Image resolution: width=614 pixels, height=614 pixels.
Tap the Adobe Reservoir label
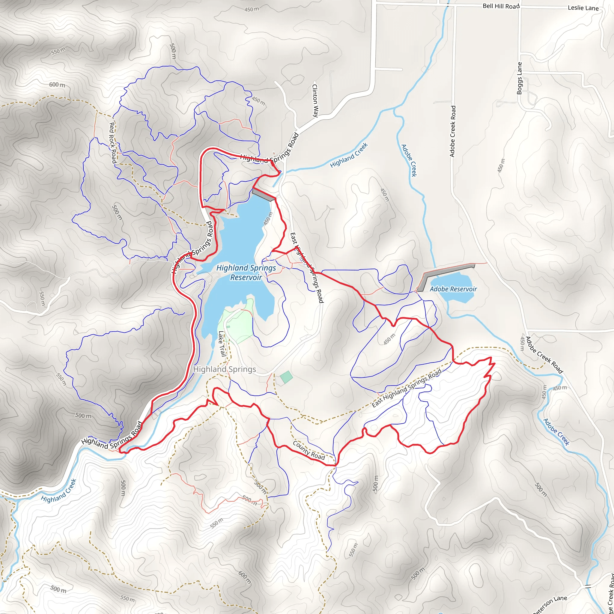pyautogui.click(x=453, y=289)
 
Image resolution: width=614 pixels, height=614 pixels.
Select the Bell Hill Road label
pyautogui.click(x=501, y=6)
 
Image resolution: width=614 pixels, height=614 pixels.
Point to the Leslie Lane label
pyautogui.click(x=583, y=8)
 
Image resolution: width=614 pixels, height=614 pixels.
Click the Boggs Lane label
pyautogui.click(x=519, y=78)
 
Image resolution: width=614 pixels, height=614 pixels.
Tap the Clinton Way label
pyautogui.click(x=315, y=100)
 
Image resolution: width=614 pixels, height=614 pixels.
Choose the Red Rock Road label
pyautogui.click(x=113, y=143)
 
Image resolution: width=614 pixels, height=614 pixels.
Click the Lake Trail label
pyautogui.click(x=222, y=344)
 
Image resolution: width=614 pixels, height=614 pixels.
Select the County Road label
pyautogui.click(x=308, y=450)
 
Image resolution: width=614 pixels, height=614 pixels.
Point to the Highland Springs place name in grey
pyautogui.click(x=224, y=369)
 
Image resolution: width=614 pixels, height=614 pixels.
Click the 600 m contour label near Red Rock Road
pyautogui.click(x=57, y=85)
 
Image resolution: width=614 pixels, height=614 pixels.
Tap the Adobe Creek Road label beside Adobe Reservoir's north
pyautogui.click(x=452, y=131)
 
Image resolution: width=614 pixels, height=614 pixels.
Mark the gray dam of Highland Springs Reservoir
pyautogui.click(x=264, y=195)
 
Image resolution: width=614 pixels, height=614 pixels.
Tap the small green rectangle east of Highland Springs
pyautogui.click(x=286, y=377)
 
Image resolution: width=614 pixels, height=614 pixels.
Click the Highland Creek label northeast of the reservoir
pyautogui.click(x=349, y=155)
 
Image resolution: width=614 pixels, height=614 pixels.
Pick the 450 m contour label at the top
pyautogui.click(x=251, y=10)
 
